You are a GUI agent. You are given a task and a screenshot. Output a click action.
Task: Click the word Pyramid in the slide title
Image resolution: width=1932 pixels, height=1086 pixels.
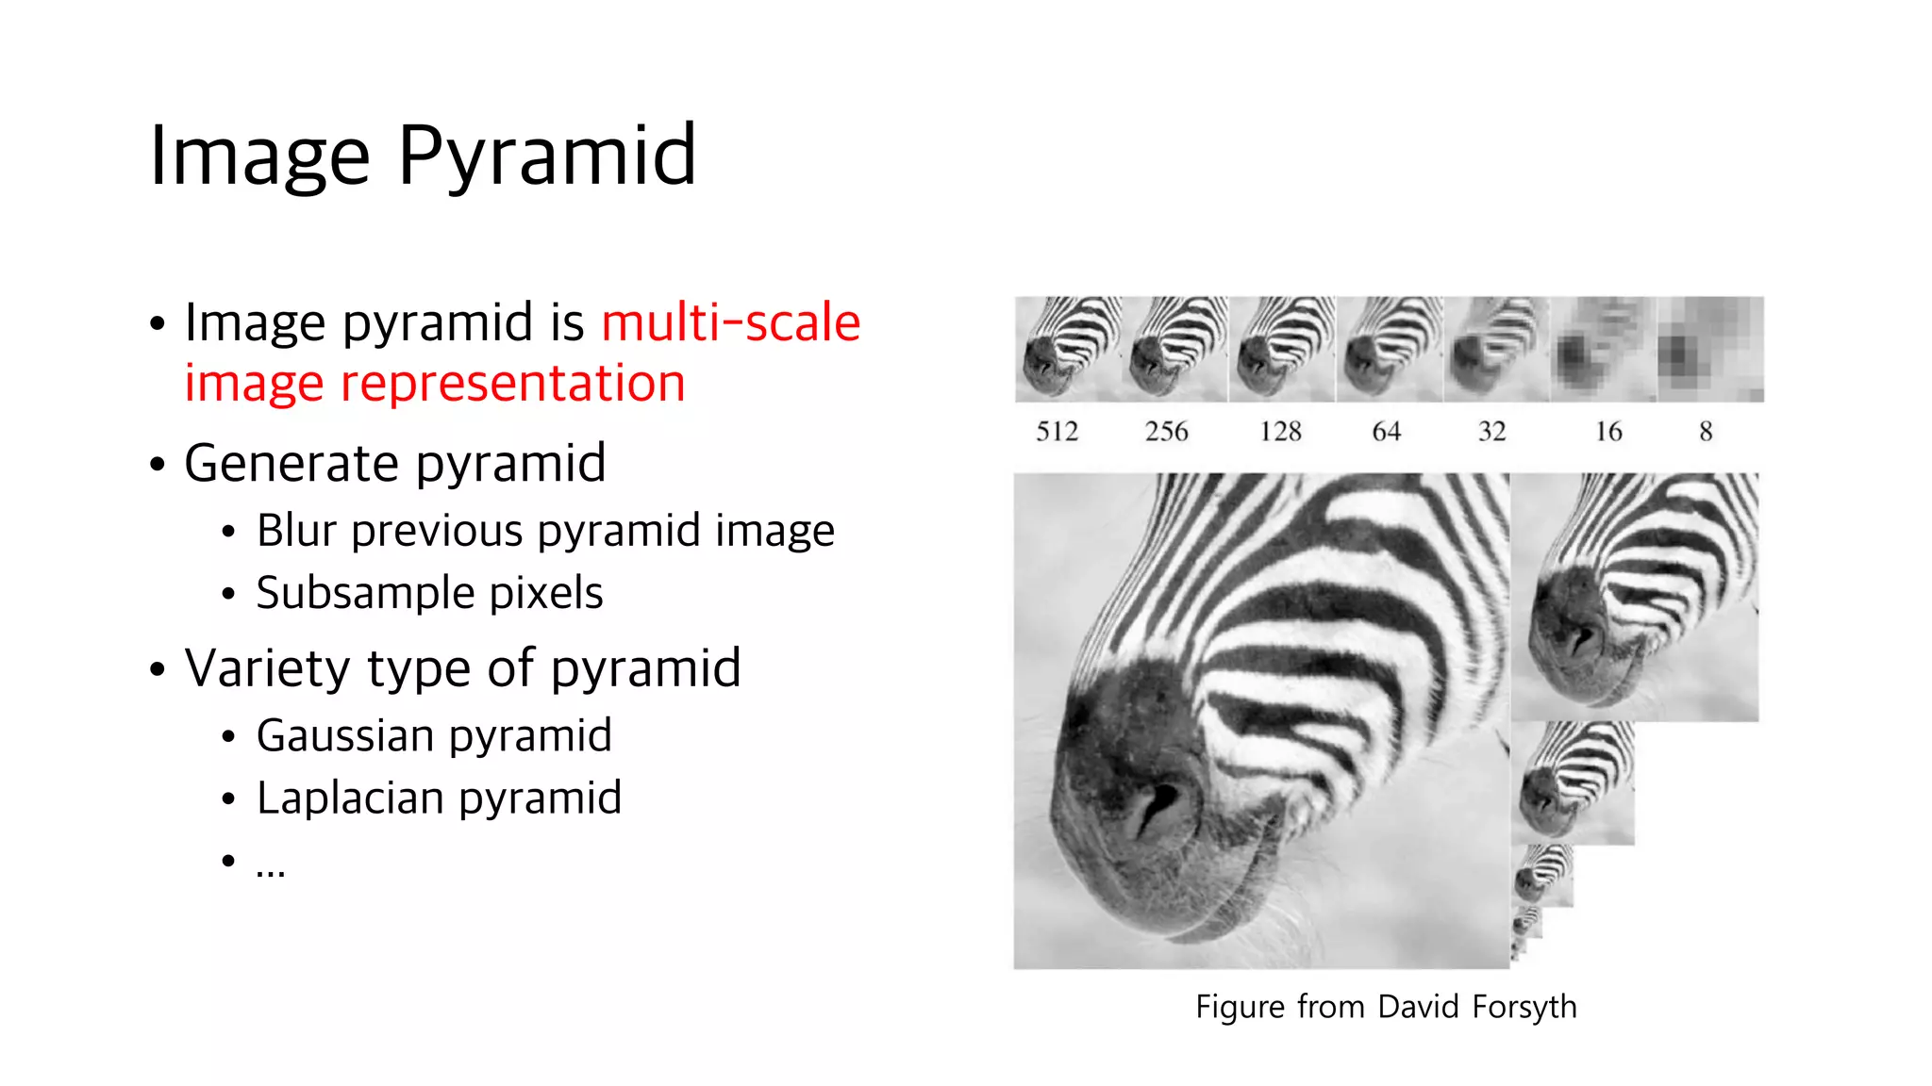[546, 156]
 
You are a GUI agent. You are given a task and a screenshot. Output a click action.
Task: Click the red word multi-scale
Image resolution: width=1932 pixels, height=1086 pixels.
[730, 322]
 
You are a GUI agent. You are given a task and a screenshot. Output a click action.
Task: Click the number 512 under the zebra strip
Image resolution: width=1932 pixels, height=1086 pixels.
[1057, 432]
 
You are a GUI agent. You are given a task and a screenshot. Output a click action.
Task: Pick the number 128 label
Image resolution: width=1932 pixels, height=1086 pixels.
[1280, 432]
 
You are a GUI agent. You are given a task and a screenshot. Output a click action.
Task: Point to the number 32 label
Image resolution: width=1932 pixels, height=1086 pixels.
[1491, 432]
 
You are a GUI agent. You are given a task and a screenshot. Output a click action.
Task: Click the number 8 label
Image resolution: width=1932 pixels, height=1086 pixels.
[1706, 432]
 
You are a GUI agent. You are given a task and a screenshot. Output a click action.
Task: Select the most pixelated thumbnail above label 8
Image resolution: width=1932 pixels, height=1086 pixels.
[1710, 349]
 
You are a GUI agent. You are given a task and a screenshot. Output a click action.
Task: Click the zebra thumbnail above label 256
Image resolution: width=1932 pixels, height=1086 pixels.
[1175, 349]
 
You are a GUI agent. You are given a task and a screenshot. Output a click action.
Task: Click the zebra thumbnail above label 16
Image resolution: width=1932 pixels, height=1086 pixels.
[1603, 349]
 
